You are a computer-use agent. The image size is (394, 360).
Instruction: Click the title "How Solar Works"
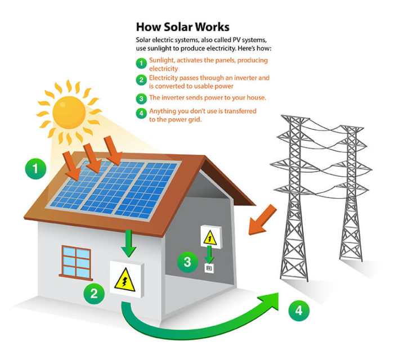(x=182, y=26)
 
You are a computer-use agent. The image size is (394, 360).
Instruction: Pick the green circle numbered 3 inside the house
(x=187, y=260)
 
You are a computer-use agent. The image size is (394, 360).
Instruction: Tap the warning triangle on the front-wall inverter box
(x=125, y=280)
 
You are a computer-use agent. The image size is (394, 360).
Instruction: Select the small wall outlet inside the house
(x=209, y=268)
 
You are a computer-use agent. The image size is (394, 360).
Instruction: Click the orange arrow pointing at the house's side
(x=262, y=219)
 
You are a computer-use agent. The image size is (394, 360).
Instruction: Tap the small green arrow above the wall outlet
(x=209, y=256)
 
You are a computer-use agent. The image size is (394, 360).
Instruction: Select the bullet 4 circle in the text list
(x=141, y=111)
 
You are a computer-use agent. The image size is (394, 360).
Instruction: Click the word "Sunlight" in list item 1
(x=161, y=60)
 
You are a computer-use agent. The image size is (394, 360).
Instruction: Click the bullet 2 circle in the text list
(x=141, y=79)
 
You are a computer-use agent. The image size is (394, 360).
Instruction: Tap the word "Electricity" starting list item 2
(x=163, y=77)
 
